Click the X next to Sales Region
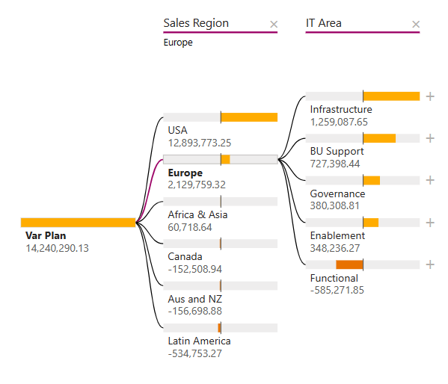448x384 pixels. (x=273, y=25)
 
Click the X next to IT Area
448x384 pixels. (x=416, y=25)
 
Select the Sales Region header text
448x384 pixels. (x=196, y=23)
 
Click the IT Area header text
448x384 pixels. (x=324, y=23)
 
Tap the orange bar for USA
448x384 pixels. (x=249, y=117)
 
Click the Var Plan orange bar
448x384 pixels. (x=78, y=222)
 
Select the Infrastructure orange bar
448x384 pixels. (x=391, y=96)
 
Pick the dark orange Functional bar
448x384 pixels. (x=349, y=264)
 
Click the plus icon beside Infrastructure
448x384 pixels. (x=430, y=96)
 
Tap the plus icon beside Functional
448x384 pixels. (x=430, y=264)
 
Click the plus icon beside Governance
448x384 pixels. (x=430, y=180)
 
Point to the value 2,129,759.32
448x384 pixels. (x=197, y=185)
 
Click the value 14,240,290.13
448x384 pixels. (x=57, y=248)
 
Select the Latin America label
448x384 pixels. (x=199, y=341)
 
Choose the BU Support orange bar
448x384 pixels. (x=379, y=138)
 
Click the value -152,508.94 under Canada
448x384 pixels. (x=194, y=269)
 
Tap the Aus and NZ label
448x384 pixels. (x=194, y=299)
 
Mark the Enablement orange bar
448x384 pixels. (x=371, y=223)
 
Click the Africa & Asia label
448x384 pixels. (x=197, y=214)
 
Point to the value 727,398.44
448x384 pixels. (x=335, y=164)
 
